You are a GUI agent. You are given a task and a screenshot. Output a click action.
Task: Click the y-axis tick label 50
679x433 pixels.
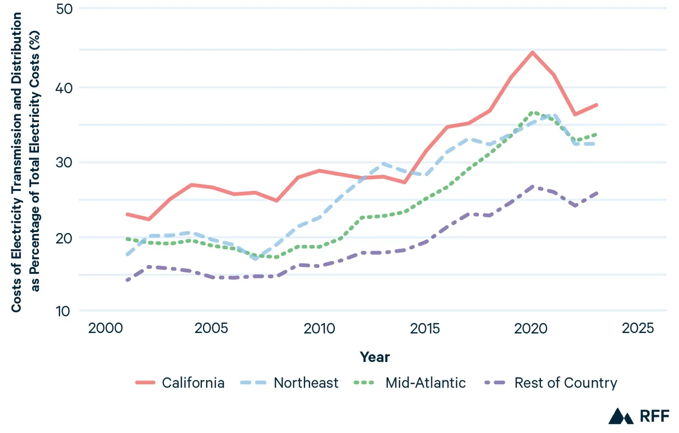[64, 9]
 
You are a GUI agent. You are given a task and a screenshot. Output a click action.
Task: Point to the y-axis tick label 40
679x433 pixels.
[64, 88]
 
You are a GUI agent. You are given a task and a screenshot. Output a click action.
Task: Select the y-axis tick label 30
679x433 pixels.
[64, 162]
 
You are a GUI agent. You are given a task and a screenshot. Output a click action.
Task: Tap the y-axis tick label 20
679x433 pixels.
[64, 238]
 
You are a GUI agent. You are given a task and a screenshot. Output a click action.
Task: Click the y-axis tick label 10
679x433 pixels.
[63, 311]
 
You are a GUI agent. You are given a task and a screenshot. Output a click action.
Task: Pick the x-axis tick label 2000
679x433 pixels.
[106, 328]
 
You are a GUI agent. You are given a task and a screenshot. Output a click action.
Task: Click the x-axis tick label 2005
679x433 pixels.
[211, 328]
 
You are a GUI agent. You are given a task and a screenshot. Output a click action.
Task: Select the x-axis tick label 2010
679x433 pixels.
[319, 328]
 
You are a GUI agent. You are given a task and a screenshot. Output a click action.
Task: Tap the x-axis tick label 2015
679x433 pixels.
[425, 328]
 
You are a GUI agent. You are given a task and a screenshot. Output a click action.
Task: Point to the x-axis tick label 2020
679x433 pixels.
[531, 328]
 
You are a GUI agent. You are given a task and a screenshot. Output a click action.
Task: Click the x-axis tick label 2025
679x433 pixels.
[638, 328]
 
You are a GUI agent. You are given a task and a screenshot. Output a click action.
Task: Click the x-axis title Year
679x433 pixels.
[374, 357]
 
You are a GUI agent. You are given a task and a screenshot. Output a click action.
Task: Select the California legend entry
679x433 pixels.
[180, 383]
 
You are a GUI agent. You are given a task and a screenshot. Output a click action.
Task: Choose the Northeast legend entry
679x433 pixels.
[289, 383]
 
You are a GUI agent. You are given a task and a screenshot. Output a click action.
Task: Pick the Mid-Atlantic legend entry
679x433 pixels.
[410, 383]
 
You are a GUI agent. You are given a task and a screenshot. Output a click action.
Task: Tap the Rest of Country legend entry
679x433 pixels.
[551, 383]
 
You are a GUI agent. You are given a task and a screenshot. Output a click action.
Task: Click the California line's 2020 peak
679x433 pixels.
[532, 52]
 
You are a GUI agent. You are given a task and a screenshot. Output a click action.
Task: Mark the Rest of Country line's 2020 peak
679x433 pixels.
[532, 187]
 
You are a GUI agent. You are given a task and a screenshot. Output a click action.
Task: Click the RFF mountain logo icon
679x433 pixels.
[621, 416]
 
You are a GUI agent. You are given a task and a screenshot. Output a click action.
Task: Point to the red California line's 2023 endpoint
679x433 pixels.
[596, 105]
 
